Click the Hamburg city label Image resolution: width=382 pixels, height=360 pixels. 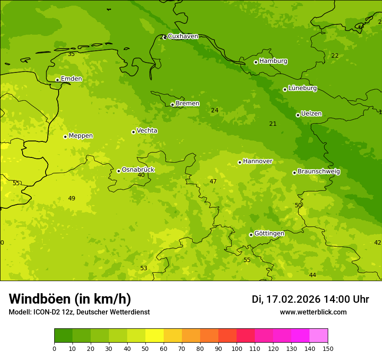click(273, 61)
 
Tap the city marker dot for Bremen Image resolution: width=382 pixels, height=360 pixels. click(172, 105)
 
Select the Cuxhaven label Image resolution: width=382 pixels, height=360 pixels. click(183, 36)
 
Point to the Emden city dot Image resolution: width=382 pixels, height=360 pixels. click(57, 80)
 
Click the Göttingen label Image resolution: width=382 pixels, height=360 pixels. click(269, 234)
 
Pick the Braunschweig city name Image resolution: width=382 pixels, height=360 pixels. click(319, 172)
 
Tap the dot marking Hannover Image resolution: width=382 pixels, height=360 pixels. click(240, 163)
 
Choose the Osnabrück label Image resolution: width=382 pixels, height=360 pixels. click(138, 170)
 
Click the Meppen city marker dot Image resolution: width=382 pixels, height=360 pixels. click(65, 137)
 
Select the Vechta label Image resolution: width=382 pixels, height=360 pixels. click(147, 131)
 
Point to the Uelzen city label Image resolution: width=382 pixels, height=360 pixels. click(311, 114)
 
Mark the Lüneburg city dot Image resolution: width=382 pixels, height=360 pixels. click(285, 89)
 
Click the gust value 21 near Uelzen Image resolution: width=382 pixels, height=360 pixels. click(273, 124)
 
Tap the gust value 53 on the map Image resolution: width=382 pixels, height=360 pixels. click(144, 268)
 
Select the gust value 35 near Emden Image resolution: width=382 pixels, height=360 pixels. click(71, 54)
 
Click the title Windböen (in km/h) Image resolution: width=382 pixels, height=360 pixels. click(70, 299)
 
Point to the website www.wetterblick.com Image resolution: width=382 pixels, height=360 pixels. click(313, 312)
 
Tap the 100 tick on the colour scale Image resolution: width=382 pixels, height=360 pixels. click(237, 349)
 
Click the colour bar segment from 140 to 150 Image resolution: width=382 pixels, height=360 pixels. click(319, 336)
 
